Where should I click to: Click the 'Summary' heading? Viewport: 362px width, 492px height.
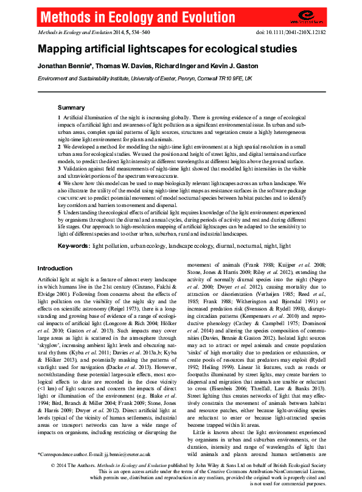click(x=71, y=107)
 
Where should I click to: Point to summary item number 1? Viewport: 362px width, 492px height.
click(x=59, y=117)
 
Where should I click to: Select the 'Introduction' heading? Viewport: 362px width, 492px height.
click(x=55, y=269)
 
